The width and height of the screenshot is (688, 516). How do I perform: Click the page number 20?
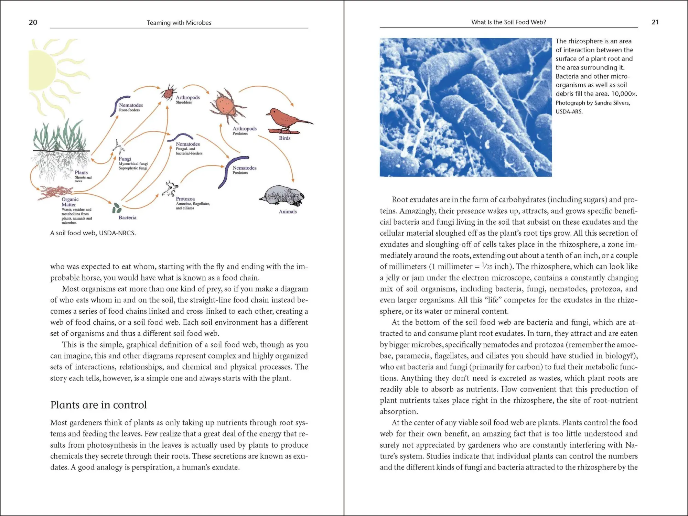click(33, 22)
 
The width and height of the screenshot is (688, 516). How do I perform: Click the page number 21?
click(655, 22)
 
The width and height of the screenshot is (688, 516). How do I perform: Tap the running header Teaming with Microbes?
click(179, 23)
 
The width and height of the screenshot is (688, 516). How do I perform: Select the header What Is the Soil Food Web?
click(508, 22)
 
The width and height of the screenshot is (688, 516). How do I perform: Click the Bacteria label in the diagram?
click(127, 218)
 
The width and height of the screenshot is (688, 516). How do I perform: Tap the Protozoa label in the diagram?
click(185, 199)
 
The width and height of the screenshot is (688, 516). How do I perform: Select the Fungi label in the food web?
click(125, 159)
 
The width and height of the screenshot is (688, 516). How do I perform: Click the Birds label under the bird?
click(284, 138)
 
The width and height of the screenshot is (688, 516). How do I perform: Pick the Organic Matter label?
click(70, 202)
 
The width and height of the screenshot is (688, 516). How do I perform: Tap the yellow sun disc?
click(41, 71)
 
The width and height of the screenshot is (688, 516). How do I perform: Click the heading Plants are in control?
click(98, 405)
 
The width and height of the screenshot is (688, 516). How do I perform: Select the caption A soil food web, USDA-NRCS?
click(93, 233)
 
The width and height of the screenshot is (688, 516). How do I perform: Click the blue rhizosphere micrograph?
click(465, 107)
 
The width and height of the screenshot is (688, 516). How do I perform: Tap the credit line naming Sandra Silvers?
click(592, 103)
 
